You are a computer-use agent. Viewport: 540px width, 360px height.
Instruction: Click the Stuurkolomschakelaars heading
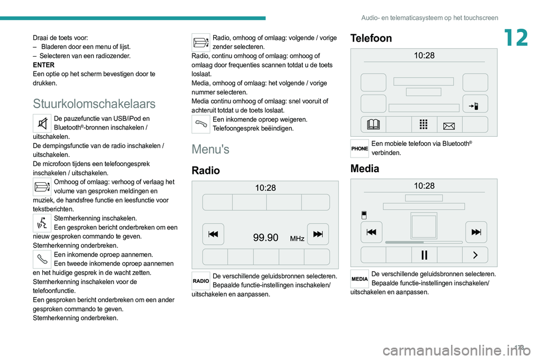click(94, 103)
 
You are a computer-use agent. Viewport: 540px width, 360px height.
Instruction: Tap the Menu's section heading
click(210, 149)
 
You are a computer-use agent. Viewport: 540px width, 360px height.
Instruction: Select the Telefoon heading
click(371, 38)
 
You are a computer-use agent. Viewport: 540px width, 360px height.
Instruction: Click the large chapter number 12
click(516, 38)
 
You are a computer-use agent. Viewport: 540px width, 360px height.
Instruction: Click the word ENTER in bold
click(44, 65)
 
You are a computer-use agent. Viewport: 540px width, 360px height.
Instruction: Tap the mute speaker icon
click(42, 123)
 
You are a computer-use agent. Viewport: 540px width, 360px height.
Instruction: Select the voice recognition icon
click(42, 223)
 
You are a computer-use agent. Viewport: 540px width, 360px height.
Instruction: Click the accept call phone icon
click(42, 259)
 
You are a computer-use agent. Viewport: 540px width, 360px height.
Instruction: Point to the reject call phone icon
click(201, 124)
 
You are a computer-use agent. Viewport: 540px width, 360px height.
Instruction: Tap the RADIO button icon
click(201, 281)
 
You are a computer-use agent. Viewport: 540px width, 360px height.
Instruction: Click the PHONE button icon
click(359, 148)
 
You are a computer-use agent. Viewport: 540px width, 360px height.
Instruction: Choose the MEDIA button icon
click(359, 278)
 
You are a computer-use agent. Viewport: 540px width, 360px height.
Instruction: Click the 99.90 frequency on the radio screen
click(265, 238)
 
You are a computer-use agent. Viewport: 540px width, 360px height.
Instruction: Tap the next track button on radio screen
click(318, 234)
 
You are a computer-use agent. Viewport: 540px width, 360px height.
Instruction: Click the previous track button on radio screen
click(213, 234)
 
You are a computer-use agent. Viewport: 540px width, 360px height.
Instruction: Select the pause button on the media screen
click(424, 255)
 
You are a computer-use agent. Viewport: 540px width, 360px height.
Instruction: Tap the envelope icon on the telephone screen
click(449, 126)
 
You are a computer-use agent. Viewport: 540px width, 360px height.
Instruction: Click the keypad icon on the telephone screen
click(424, 124)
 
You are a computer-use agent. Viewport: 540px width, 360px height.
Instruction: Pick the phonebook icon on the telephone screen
click(373, 124)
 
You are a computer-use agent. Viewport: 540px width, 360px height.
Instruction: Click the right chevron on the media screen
click(475, 255)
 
